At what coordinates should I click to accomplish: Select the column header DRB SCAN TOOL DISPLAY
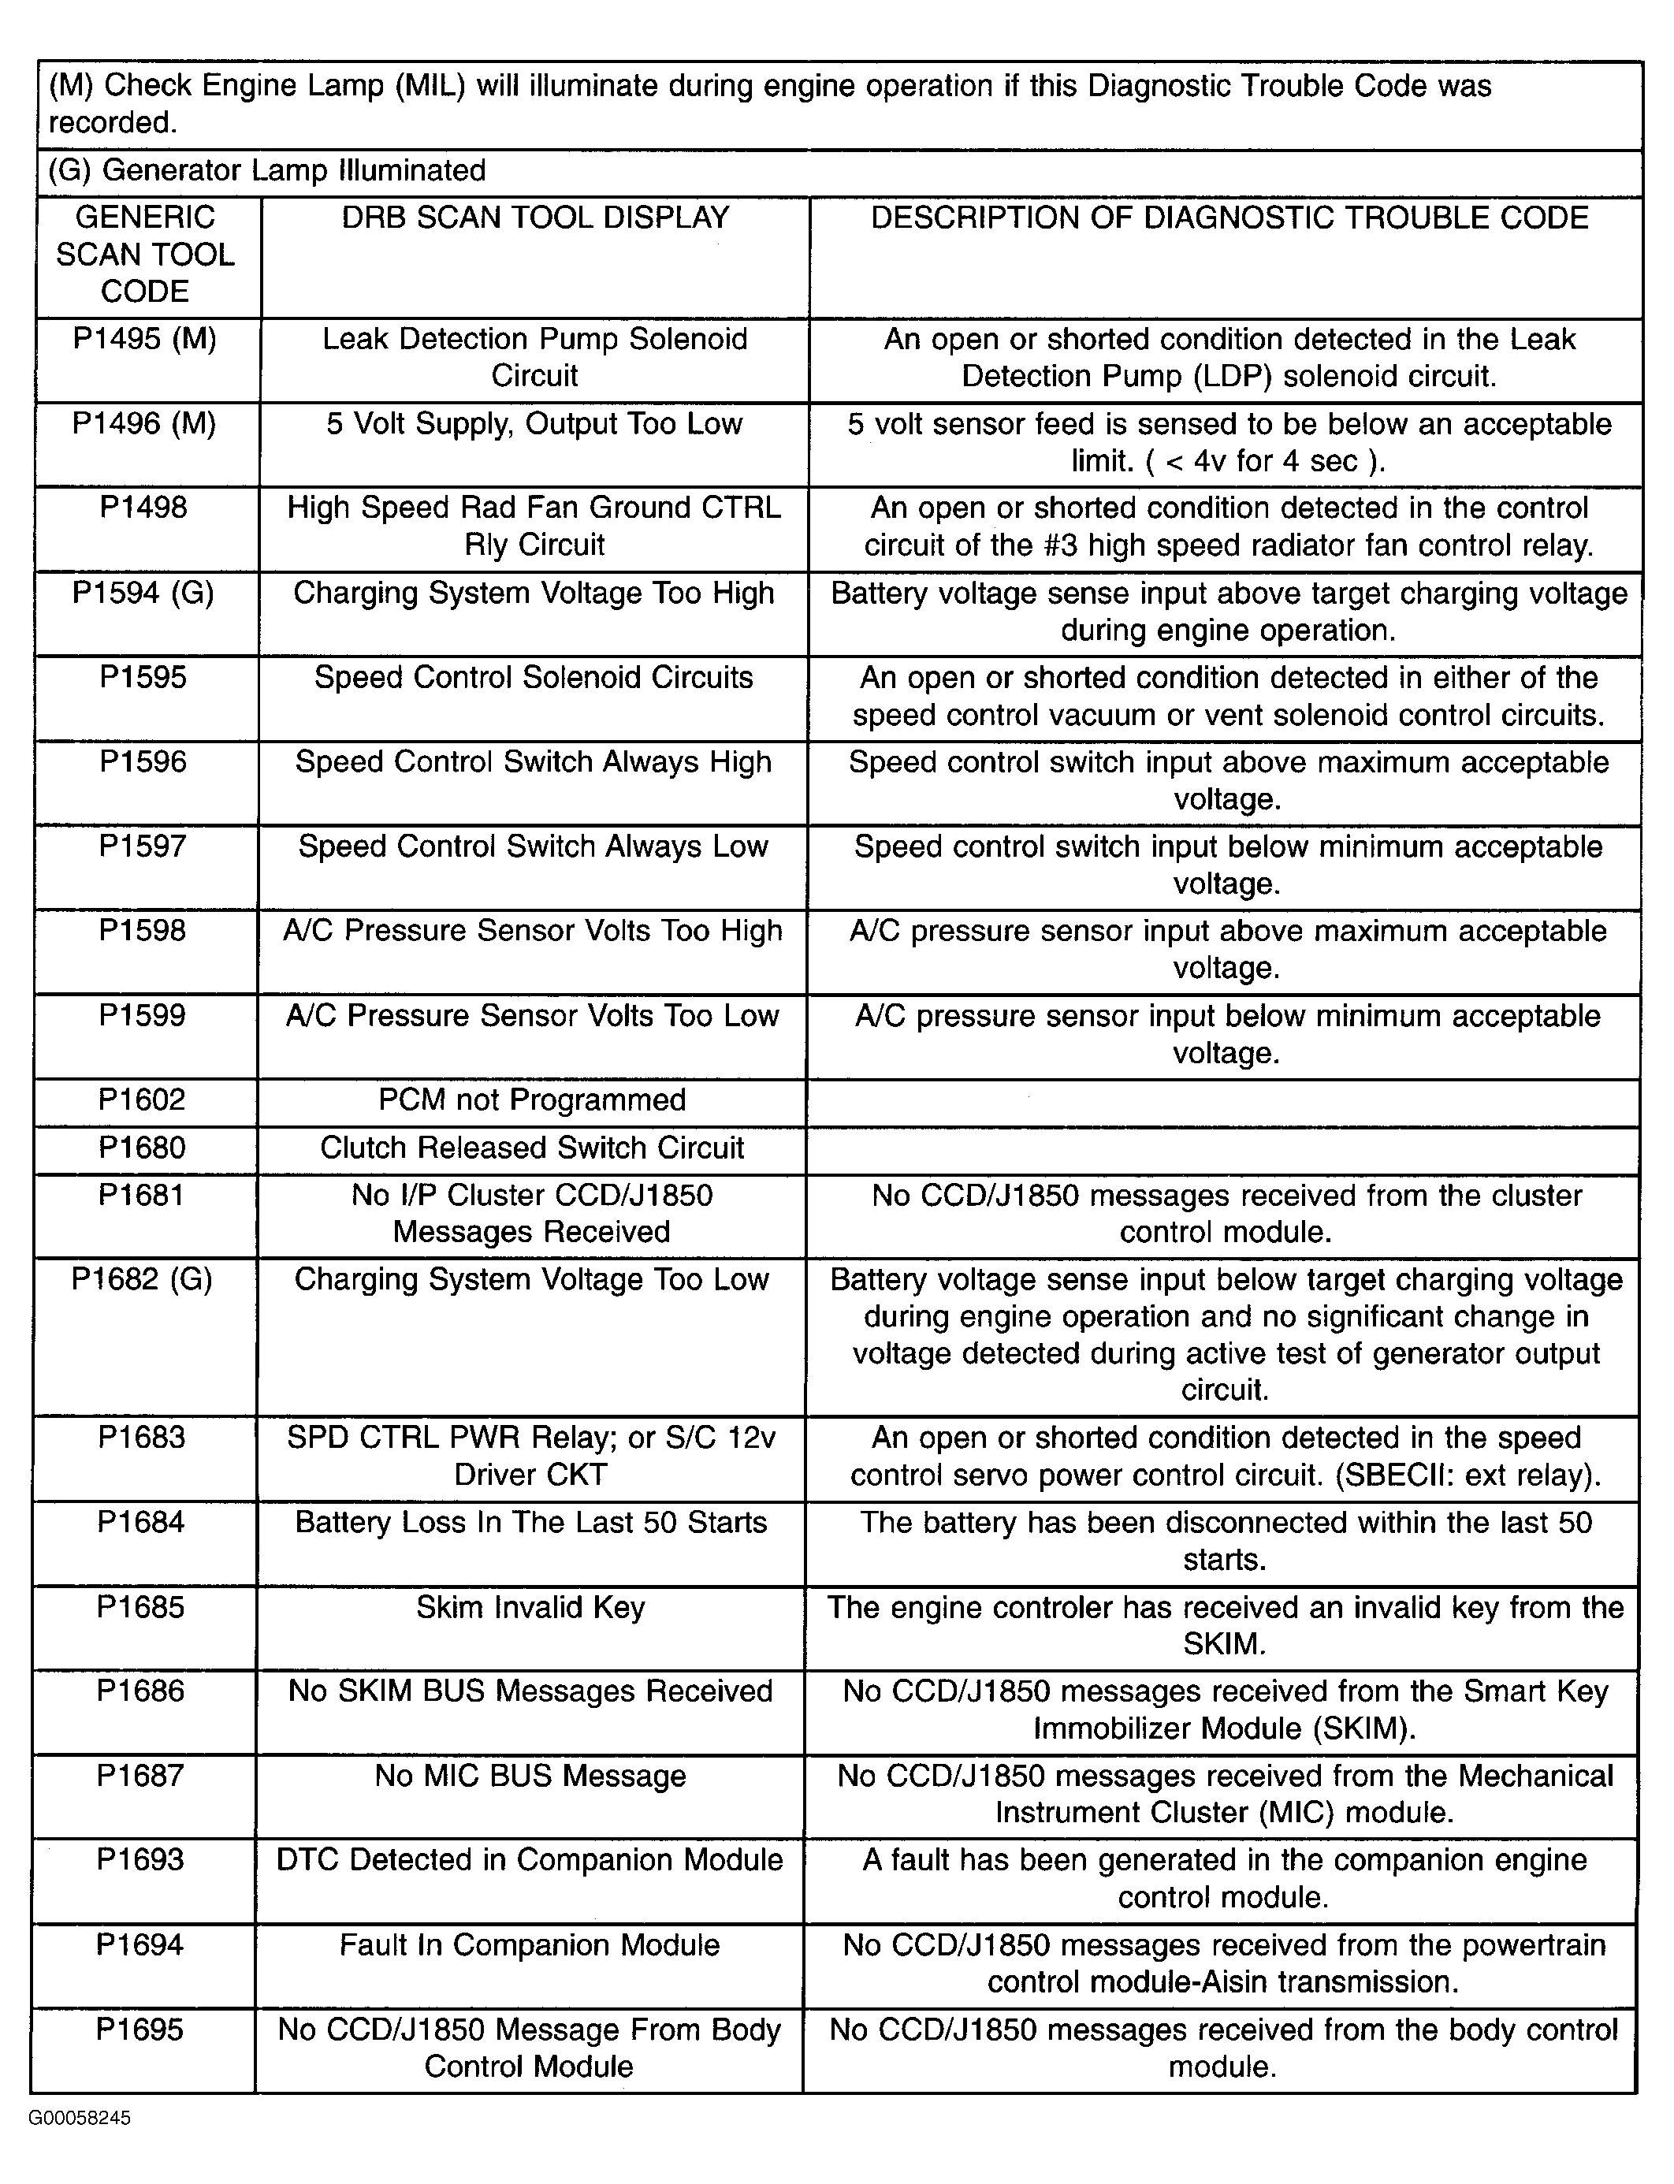tap(535, 218)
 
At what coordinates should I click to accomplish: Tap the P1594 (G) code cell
tap(143, 593)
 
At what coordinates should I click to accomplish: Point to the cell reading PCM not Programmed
tap(532, 1100)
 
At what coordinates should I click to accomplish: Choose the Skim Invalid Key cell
tap(530, 1608)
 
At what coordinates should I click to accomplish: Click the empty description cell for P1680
tap(1222, 1149)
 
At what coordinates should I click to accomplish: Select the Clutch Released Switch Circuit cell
tap(532, 1148)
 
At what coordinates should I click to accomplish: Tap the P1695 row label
tap(140, 2030)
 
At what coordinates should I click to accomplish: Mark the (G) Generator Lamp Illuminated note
tap(267, 171)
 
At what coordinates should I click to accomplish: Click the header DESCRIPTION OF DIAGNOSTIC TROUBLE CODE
tap(1229, 218)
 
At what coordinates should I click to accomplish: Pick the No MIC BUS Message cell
tap(530, 1777)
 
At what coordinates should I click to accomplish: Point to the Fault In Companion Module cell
tap(529, 1945)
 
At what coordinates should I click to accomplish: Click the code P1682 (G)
tap(143, 1280)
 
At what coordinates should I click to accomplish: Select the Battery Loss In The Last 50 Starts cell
tap(531, 1524)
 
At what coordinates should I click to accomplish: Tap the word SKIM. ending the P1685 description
tap(1224, 1644)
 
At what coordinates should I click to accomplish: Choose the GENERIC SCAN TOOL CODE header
tap(146, 255)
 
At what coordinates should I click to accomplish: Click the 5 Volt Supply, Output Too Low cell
tap(534, 425)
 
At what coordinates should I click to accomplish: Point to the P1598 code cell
tap(143, 932)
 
